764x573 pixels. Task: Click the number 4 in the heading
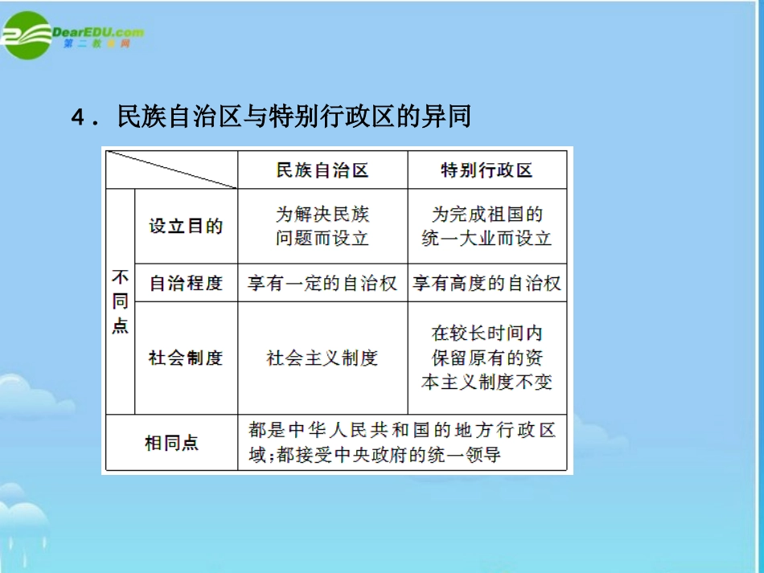tap(78, 118)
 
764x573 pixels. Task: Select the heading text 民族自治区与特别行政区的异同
tap(294, 117)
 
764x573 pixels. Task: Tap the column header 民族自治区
tap(322, 170)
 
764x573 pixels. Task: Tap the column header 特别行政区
tap(487, 170)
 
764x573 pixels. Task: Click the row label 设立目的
tap(186, 226)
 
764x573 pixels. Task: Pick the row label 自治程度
tap(186, 283)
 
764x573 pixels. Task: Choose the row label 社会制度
tap(186, 358)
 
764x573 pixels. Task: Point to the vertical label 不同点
tap(120, 302)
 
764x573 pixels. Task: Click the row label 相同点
tap(171, 442)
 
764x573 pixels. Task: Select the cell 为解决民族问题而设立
tap(322, 226)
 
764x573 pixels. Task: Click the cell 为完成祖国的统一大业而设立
tap(487, 226)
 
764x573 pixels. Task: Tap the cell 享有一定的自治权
tap(322, 283)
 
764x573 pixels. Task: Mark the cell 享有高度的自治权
tap(487, 283)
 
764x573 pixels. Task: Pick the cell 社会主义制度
tap(322, 358)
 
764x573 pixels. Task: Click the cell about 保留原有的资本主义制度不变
tap(487, 358)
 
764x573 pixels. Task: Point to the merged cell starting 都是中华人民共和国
tap(402, 442)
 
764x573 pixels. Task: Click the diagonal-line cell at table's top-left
tap(171, 170)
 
